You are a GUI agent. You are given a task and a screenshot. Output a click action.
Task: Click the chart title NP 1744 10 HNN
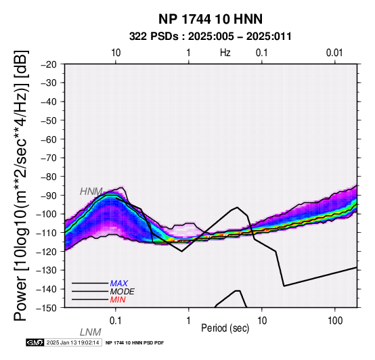[x=211, y=19]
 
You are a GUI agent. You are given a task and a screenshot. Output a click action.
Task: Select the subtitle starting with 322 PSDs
[x=211, y=37]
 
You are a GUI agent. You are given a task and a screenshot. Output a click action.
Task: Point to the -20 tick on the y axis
[x=49, y=64]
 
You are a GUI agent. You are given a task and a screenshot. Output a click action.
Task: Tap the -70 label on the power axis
[x=49, y=158]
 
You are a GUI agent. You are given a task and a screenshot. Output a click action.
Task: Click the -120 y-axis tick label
[x=46, y=252]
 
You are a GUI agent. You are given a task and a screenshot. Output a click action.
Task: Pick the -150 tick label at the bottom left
[x=46, y=308]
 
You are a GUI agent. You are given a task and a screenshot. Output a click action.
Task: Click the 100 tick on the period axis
[x=335, y=321]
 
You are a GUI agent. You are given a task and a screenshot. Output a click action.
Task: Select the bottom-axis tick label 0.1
[x=116, y=321]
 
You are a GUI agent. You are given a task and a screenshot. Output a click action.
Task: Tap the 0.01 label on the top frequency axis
[x=334, y=53]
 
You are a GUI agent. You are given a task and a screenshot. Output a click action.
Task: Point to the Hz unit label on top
[x=225, y=53]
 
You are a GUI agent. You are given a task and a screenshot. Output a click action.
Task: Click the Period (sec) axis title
[x=225, y=328]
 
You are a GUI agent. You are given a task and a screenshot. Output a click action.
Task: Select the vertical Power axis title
[x=21, y=185]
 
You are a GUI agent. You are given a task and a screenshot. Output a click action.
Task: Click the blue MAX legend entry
[x=119, y=284]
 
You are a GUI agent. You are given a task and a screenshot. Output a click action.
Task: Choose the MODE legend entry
[x=123, y=292]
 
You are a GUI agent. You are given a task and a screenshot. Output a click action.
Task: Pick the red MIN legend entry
[x=118, y=300]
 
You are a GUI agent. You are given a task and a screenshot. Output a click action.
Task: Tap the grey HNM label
[x=91, y=192]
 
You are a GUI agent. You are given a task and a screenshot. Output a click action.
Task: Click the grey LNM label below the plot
[x=91, y=332]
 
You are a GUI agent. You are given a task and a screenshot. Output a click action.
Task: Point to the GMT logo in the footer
[x=35, y=342]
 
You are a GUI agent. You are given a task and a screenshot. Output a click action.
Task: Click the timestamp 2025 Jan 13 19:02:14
[x=72, y=342]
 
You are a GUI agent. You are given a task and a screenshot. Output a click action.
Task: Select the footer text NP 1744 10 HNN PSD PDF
[x=135, y=343]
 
